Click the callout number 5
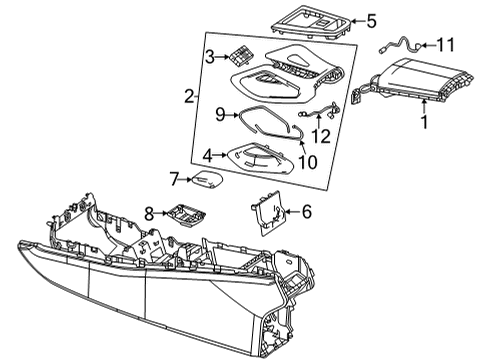click(x=371, y=21)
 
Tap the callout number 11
click(x=445, y=45)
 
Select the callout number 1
click(x=424, y=122)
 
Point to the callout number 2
click(x=189, y=96)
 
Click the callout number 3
click(x=210, y=57)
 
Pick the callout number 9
click(x=220, y=115)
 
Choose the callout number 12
click(x=321, y=136)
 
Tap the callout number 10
click(x=308, y=162)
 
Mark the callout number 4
click(x=208, y=156)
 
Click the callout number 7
click(x=175, y=179)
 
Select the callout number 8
click(x=149, y=213)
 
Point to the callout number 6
click(x=307, y=211)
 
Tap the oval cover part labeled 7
click(x=207, y=179)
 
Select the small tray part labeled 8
click(x=187, y=214)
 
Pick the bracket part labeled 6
click(x=268, y=213)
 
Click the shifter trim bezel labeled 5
click(x=312, y=22)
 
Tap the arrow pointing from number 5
click(x=358, y=21)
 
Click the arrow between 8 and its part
click(x=161, y=213)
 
